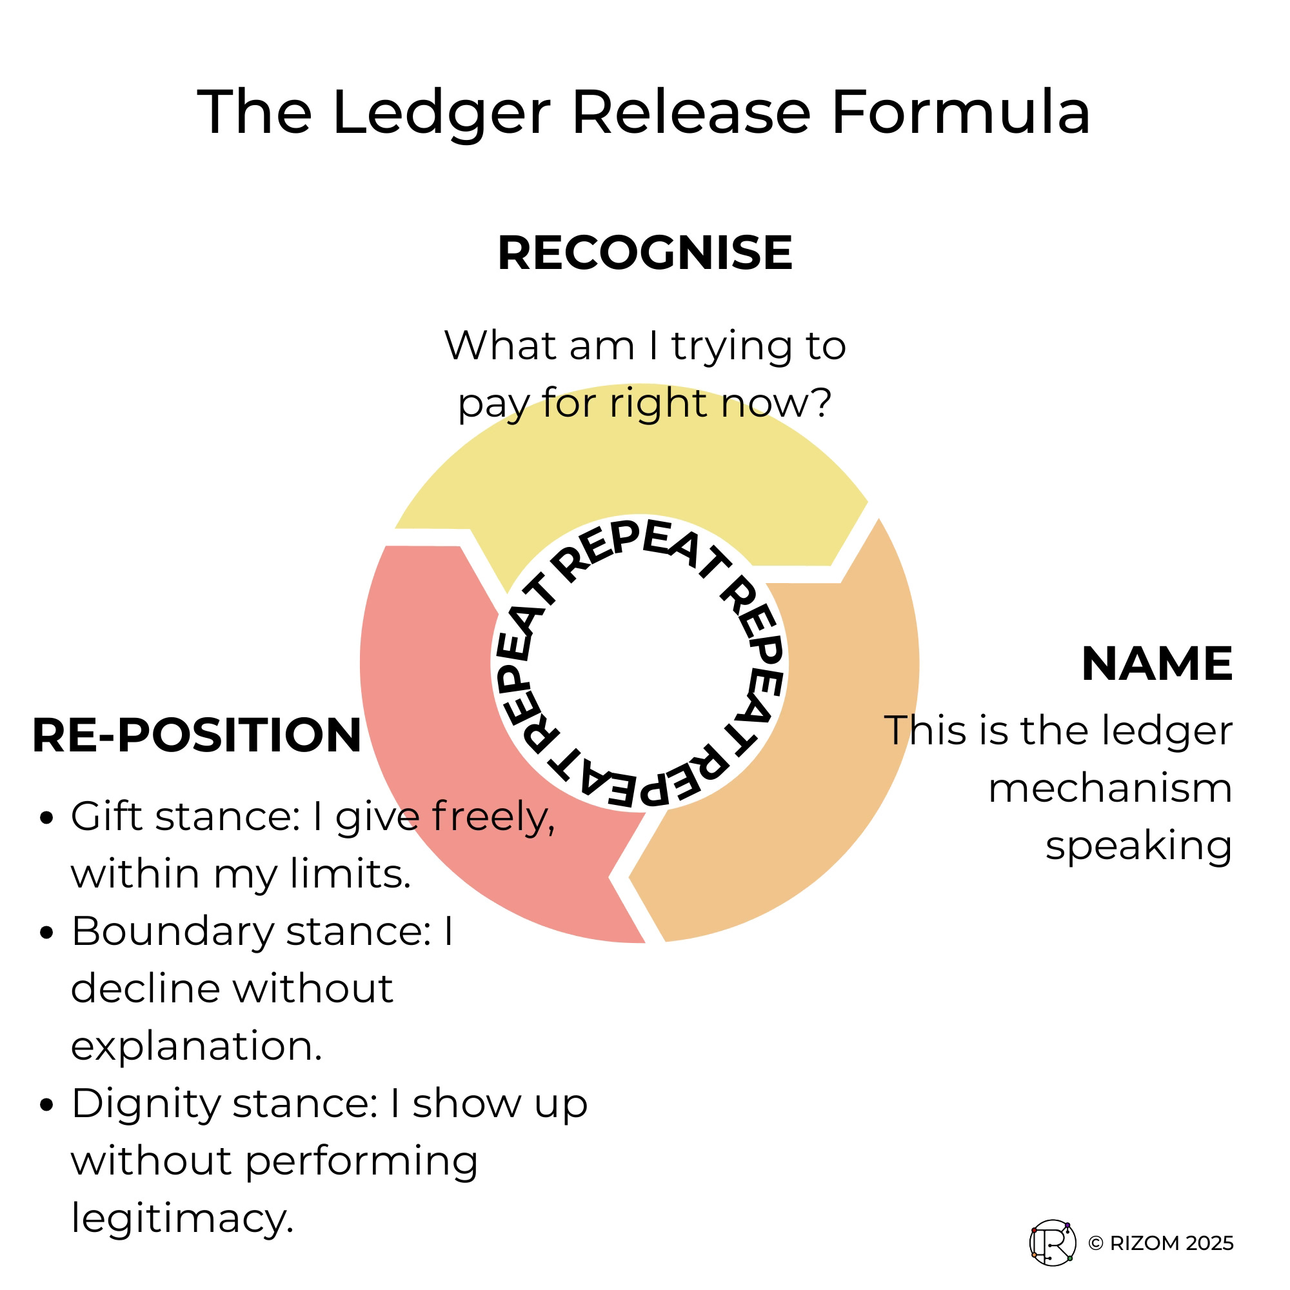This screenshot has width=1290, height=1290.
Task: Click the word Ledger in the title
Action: point(441,114)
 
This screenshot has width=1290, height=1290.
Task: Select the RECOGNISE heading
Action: point(645,253)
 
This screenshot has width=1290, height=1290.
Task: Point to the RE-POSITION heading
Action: point(197,735)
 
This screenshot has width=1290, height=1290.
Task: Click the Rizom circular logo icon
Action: point(1053,1243)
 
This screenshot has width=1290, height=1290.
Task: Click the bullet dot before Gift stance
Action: point(46,818)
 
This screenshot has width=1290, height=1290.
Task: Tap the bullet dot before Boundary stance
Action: point(46,933)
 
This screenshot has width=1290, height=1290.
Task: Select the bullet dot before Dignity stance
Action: point(46,1105)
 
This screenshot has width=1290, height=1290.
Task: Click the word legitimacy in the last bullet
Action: point(183,1219)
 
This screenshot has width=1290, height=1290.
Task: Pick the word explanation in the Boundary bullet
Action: point(196,1046)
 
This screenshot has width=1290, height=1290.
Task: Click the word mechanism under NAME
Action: point(1109,789)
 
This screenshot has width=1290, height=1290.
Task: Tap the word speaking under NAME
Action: point(1138,847)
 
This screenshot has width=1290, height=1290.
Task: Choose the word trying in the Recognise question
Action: point(731,347)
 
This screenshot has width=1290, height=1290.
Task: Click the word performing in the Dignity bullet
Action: point(361,1162)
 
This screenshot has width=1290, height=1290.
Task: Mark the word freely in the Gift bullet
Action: point(493,818)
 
